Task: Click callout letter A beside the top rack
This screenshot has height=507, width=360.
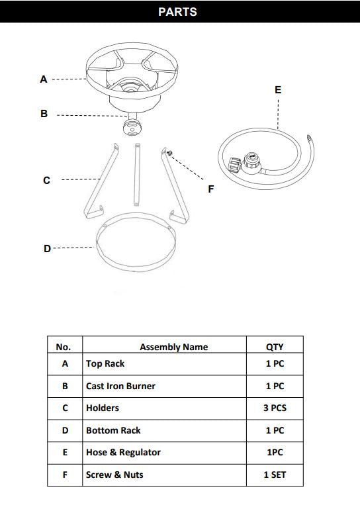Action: [x=44, y=79]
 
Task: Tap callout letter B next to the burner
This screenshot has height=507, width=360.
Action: [x=44, y=114]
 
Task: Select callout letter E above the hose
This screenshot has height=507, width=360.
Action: [x=277, y=89]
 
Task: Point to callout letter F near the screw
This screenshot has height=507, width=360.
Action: [x=210, y=189]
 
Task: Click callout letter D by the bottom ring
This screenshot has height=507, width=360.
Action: [x=46, y=249]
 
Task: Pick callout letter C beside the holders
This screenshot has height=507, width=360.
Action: [x=46, y=180]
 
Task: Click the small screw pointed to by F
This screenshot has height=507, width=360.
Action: [x=170, y=153]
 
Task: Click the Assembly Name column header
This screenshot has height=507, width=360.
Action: [x=173, y=347]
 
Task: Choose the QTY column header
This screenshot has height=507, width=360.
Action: [x=274, y=347]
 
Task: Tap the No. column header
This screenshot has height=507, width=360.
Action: [x=64, y=347]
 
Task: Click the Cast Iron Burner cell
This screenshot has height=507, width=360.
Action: [x=120, y=386]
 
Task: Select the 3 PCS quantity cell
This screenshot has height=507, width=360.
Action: [x=274, y=408]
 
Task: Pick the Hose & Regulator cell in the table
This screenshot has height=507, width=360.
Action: [x=123, y=453]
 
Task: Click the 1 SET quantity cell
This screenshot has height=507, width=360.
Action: [x=274, y=475]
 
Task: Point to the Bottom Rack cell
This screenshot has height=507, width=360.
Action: [x=113, y=431]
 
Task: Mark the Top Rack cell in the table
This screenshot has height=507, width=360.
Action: [x=105, y=364]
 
